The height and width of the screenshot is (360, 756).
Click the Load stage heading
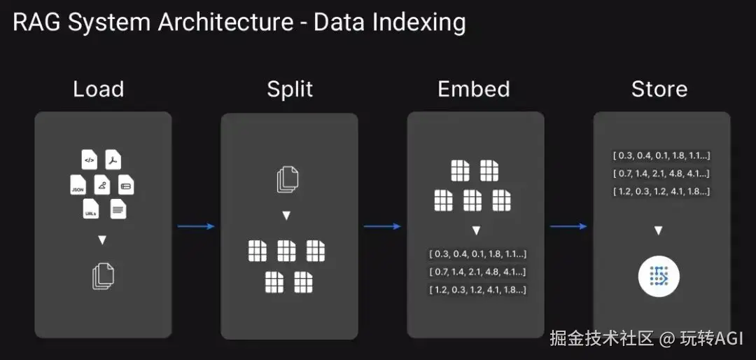pyautogui.click(x=99, y=89)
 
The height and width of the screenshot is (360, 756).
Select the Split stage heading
pyautogui.click(x=290, y=89)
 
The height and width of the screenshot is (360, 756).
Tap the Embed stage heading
pyautogui.click(x=474, y=89)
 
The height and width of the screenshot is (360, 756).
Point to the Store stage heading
pyautogui.click(x=659, y=89)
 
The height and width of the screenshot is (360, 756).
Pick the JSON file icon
pyautogui.click(x=78, y=186)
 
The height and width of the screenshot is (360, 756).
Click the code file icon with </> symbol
pyautogui.click(x=90, y=160)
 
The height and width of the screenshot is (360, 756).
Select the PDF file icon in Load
pyautogui.click(x=113, y=160)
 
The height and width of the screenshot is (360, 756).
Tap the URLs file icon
pyautogui.click(x=90, y=209)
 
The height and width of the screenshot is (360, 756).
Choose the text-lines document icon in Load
pyautogui.click(x=118, y=209)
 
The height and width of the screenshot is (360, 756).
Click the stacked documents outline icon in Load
pyautogui.click(x=103, y=276)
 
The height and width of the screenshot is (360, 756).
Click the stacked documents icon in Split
pyautogui.click(x=287, y=179)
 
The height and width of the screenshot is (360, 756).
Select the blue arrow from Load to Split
pyautogui.click(x=196, y=226)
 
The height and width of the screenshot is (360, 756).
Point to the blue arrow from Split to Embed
pyautogui.click(x=382, y=226)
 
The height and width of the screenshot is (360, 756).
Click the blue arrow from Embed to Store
pyautogui.click(x=568, y=226)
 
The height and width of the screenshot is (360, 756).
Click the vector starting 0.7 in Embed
pyautogui.click(x=477, y=272)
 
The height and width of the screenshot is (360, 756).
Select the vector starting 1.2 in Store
pyautogui.click(x=661, y=191)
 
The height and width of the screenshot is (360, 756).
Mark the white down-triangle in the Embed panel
pyautogui.click(x=476, y=230)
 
